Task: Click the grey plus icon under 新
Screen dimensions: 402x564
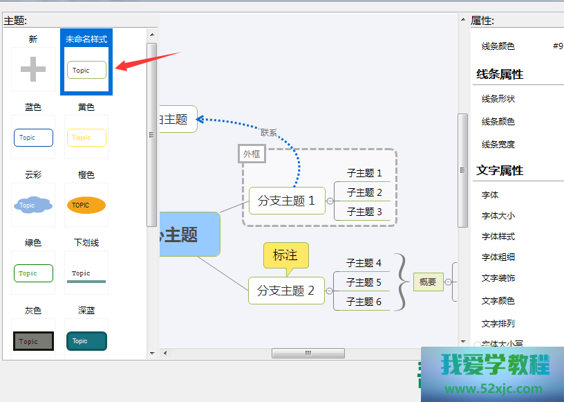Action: (x=33, y=69)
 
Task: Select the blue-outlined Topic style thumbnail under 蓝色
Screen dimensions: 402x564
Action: (x=33, y=138)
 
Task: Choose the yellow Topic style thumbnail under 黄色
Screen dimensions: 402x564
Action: (x=86, y=138)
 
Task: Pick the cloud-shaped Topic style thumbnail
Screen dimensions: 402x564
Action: (x=33, y=205)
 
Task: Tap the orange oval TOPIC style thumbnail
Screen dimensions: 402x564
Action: (x=86, y=205)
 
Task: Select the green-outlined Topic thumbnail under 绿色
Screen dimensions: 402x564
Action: (x=33, y=273)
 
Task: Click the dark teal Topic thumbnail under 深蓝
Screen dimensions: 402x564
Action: (x=86, y=341)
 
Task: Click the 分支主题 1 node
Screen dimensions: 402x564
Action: (x=286, y=201)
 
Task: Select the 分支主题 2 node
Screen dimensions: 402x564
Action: (x=286, y=291)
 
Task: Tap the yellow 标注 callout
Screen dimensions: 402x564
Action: (x=285, y=255)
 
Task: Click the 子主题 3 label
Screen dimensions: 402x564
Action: (x=364, y=212)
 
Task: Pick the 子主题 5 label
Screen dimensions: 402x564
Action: (x=364, y=282)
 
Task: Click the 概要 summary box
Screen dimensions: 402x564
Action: (x=428, y=282)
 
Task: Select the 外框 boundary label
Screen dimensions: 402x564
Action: (x=252, y=154)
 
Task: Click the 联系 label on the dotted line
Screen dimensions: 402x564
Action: (x=269, y=131)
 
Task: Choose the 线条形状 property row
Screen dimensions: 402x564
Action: (x=498, y=99)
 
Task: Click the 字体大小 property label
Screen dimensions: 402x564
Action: (x=498, y=216)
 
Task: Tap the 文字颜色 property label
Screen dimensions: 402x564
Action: (x=498, y=301)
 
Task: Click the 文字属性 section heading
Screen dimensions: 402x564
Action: (x=500, y=170)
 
